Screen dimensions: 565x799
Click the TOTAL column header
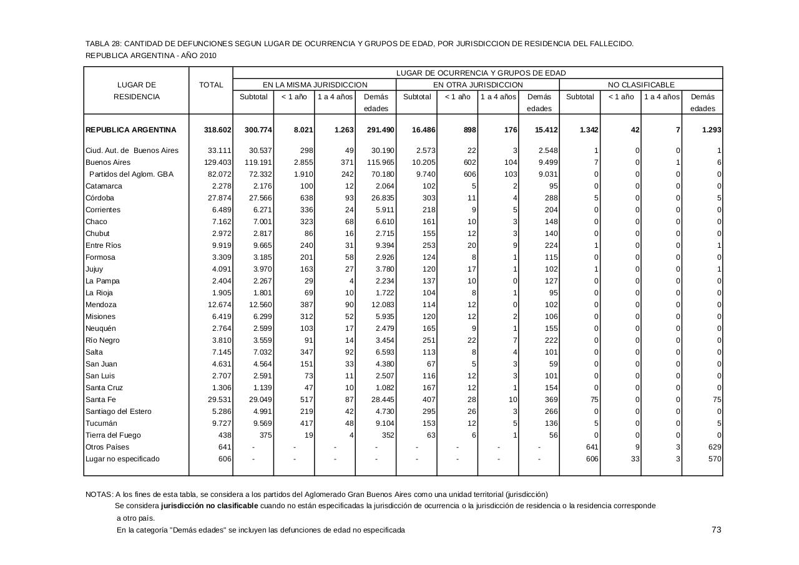(211, 85)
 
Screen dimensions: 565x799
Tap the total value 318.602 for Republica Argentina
(218, 130)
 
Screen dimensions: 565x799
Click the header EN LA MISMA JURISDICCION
(315, 85)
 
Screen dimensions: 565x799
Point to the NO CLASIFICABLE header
(641, 85)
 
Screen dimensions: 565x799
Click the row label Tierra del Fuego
(113, 435)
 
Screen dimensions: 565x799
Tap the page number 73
(716, 529)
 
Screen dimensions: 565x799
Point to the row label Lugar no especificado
(122, 459)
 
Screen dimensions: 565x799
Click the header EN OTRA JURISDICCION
(478, 85)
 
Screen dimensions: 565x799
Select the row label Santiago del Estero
(119, 411)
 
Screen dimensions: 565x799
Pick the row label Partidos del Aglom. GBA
(131, 174)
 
